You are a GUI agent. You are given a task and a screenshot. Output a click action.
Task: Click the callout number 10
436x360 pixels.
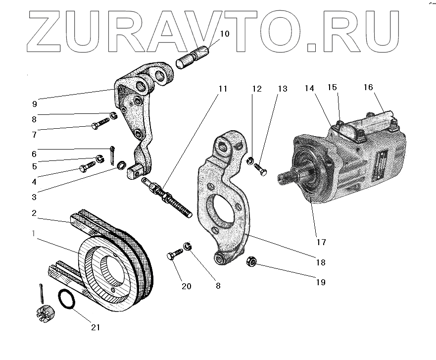[225, 34]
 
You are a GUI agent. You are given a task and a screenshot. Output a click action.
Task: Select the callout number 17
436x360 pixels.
[321, 242]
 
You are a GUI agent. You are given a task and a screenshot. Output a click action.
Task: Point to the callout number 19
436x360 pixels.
[321, 282]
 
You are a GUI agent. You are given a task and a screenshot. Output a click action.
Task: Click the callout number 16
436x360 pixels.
[368, 87]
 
